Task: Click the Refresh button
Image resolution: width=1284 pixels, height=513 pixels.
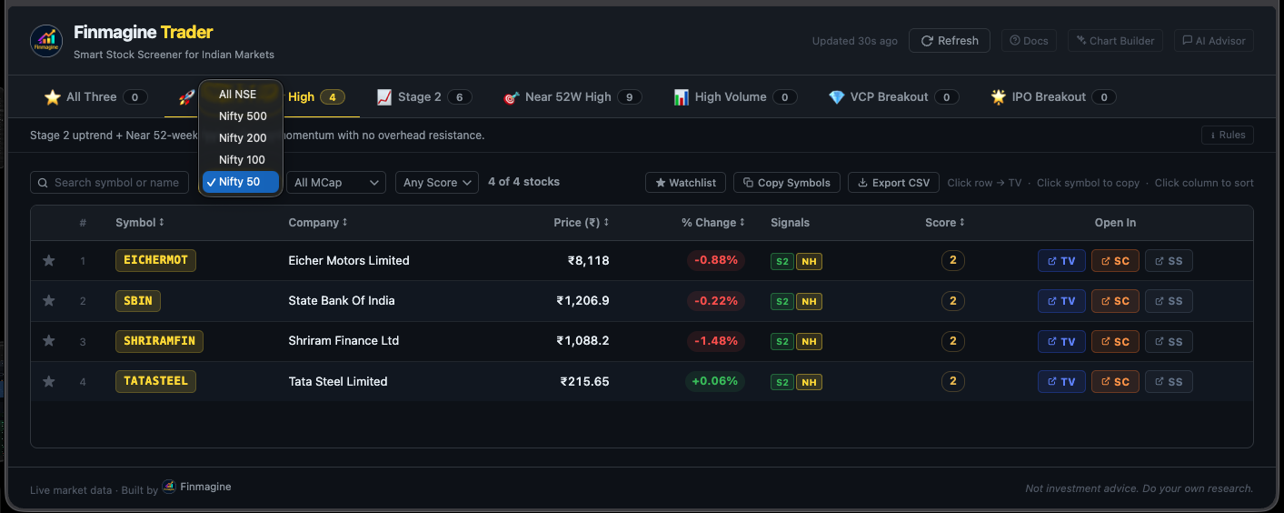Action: point(950,41)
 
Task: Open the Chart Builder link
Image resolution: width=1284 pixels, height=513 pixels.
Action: point(1115,41)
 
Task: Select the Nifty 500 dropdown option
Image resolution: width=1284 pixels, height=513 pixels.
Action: point(242,116)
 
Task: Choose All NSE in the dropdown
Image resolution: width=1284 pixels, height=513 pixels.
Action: point(237,95)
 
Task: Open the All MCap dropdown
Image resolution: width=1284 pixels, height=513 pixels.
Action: point(336,183)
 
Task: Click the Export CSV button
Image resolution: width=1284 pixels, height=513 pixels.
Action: point(893,183)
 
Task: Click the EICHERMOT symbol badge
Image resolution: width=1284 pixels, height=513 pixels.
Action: point(155,260)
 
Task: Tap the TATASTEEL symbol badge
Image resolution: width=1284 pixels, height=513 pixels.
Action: point(155,381)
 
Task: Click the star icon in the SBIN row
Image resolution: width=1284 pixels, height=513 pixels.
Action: point(49,301)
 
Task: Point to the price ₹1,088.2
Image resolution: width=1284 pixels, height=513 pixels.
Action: point(582,341)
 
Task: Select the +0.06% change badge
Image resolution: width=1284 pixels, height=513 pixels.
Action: point(714,381)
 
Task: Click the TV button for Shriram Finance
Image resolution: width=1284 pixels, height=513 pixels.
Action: point(1061,342)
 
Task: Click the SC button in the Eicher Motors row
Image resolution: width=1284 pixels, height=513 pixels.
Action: point(1115,261)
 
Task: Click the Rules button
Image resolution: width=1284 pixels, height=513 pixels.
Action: point(1227,136)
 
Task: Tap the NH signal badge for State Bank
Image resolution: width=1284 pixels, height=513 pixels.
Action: point(809,302)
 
